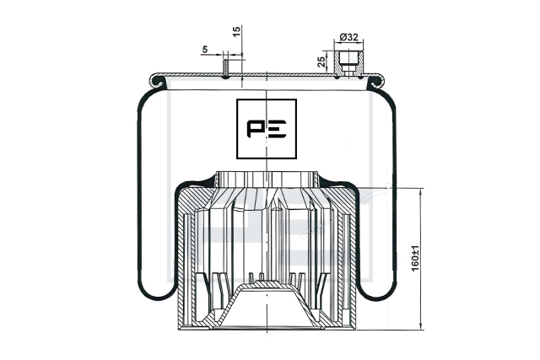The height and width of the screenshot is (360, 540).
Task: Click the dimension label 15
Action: click(x=236, y=31)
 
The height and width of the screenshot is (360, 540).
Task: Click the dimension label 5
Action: click(x=205, y=50)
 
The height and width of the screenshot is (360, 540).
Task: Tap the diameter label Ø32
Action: click(x=348, y=37)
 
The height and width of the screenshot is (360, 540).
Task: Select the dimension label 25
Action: click(x=321, y=62)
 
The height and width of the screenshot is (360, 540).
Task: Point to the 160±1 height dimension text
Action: click(x=415, y=258)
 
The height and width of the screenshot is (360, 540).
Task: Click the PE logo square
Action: click(x=267, y=129)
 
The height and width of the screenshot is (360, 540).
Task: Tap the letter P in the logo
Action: click(x=255, y=129)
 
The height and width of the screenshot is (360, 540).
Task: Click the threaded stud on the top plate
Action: click(x=225, y=69)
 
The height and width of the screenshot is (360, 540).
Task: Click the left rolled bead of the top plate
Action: click(x=157, y=81)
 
